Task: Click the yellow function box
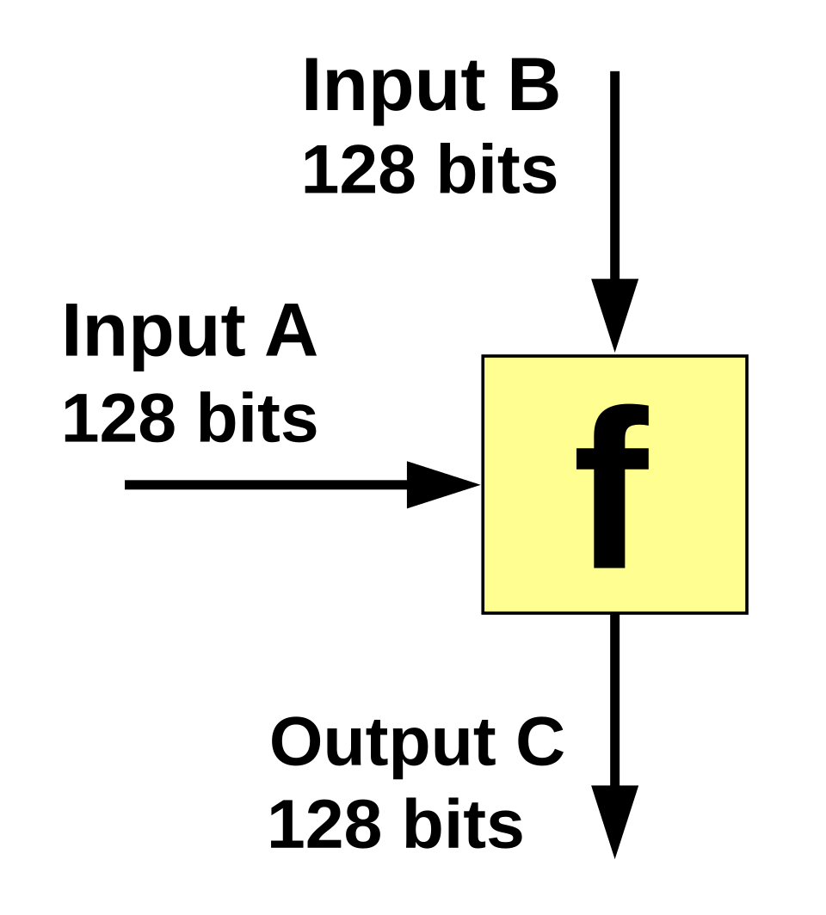point(614,484)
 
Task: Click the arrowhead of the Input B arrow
point(614,315)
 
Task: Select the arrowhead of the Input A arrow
point(444,484)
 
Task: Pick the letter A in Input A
point(292,331)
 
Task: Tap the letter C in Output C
point(540,742)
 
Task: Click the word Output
point(383,746)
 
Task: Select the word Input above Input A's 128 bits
point(153,335)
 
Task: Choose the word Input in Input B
point(394,89)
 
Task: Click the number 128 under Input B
point(359,169)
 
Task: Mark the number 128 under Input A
point(119,417)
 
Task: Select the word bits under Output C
point(464,823)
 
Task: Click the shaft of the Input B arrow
point(614,175)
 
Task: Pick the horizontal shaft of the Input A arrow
point(266,484)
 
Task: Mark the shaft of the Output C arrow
point(614,700)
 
